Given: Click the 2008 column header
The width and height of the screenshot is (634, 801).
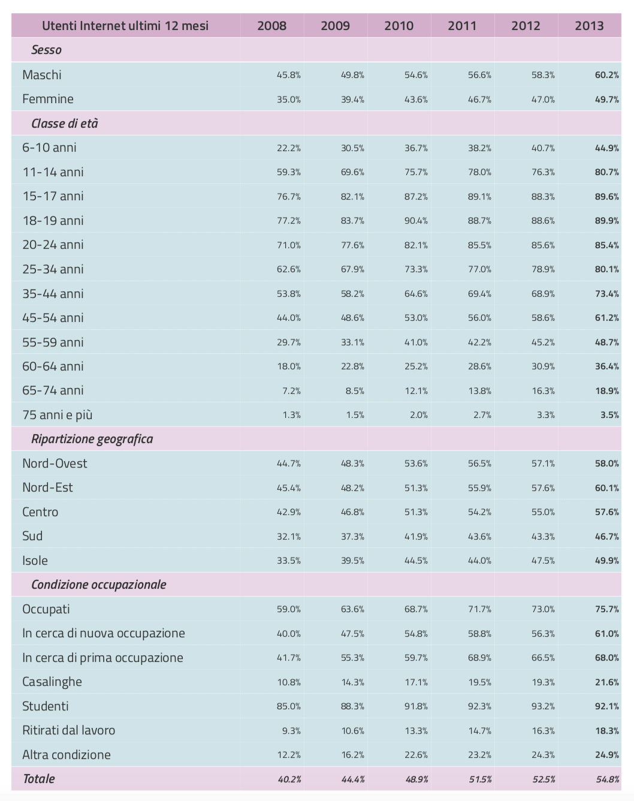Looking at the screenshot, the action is click(x=272, y=26).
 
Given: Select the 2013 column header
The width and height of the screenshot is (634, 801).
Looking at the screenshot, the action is click(x=589, y=26).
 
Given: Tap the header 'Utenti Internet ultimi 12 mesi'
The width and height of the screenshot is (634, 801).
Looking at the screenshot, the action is click(x=125, y=26).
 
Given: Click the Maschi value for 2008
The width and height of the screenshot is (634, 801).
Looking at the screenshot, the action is click(x=289, y=75).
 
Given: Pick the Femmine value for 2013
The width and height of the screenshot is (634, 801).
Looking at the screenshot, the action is click(x=607, y=100).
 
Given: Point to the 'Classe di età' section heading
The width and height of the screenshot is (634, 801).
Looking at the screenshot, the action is click(x=64, y=123).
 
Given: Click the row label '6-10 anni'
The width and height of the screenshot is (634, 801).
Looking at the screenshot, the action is click(x=49, y=147).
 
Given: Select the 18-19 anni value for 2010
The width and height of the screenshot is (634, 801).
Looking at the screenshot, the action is click(x=416, y=221).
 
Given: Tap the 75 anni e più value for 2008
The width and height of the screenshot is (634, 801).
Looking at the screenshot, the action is click(x=292, y=415).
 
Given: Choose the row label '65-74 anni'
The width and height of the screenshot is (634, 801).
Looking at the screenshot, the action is click(x=53, y=390).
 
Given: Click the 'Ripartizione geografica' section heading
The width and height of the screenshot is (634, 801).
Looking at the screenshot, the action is click(x=92, y=439).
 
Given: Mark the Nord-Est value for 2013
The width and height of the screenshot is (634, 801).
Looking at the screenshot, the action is click(x=607, y=488).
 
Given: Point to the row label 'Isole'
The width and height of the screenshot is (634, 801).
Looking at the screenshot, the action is click(x=35, y=561).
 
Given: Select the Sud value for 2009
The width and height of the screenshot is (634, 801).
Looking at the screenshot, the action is click(x=352, y=537).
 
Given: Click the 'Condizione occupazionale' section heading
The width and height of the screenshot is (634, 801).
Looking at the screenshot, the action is click(x=99, y=585).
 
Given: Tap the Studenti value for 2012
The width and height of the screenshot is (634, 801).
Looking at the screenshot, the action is click(x=543, y=706).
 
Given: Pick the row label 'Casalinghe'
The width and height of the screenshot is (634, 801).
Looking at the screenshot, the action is click(x=52, y=682).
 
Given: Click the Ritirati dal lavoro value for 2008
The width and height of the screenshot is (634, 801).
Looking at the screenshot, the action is click(x=292, y=731).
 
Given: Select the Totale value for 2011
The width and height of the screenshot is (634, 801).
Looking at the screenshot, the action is click(x=480, y=779).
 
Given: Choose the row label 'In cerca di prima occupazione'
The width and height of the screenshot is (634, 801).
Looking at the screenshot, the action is click(x=102, y=658).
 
